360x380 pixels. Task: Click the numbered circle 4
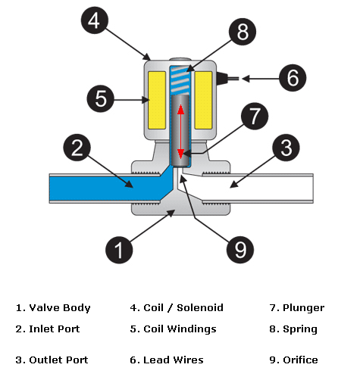coord(95,20)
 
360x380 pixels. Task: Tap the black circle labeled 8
coord(243,32)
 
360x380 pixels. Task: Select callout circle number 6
coord(293,78)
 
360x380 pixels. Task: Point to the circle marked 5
coord(101,98)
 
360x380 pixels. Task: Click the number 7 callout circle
coord(255,116)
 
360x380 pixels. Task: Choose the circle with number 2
coord(77,148)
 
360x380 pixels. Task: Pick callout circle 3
coord(286,148)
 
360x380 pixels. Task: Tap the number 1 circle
coord(119,250)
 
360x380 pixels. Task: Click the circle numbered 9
coord(240,250)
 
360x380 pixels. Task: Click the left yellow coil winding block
coord(157,100)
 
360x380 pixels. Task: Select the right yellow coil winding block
coord(203,100)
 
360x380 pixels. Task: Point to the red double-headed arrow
coord(180,131)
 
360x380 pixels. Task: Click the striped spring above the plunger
coord(180,79)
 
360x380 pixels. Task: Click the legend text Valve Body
coord(60,308)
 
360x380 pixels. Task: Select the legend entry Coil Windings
coord(180,329)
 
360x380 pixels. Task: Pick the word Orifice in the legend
coord(300,360)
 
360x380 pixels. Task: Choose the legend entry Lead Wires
coord(174,360)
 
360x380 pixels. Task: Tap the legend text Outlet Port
coord(58,360)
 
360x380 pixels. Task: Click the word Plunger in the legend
coord(304,308)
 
